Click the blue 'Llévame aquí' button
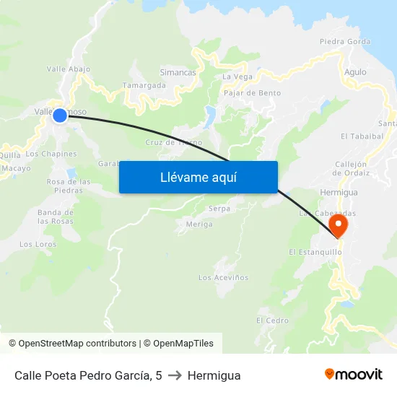click(x=198, y=177)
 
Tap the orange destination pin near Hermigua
click(x=338, y=226)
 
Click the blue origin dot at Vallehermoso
click(x=60, y=115)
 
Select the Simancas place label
click(x=178, y=73)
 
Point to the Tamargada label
click(x=144, y=85)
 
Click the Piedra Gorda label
click(x=345, y=41)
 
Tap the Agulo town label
click(x=355, y=72)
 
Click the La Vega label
click(x=237, y=77)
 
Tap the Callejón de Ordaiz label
click(x=352, y=168)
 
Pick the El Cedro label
click(x=272, y=320)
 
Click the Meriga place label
click(x=199, y=224)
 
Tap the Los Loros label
click(x=38, y=244)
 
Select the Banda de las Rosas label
click(x=56, y=217)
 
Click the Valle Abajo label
click(x=69, y=69)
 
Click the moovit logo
click(x=354, y=375)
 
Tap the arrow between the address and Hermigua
click(x=174, y=375)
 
